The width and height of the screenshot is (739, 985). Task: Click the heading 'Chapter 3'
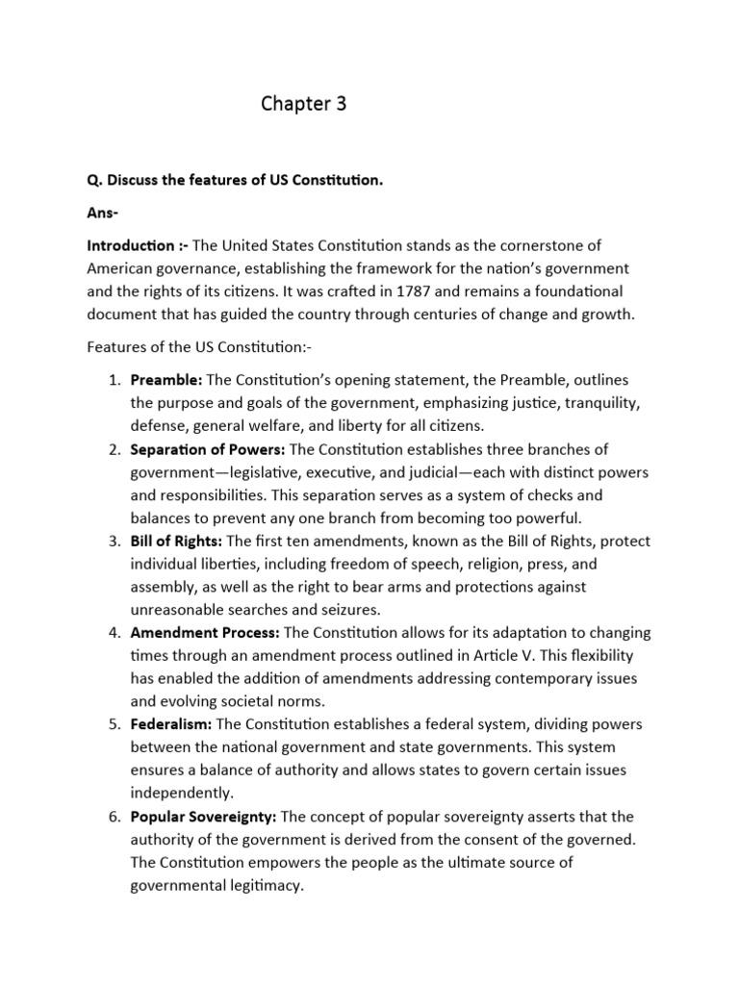click(303, 105)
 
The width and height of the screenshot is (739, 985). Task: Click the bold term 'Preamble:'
click(166, 381)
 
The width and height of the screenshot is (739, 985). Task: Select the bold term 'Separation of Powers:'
click(207, 449)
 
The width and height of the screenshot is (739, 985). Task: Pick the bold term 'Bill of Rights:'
click(181, 542)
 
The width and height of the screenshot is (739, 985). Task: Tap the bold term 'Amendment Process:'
click(205, 633)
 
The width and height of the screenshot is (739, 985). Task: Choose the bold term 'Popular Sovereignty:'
click(204, 817)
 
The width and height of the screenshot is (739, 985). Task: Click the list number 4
click(114, 633)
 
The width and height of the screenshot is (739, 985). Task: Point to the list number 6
click(114, 817)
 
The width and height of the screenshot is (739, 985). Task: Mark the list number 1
click(114, 381)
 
